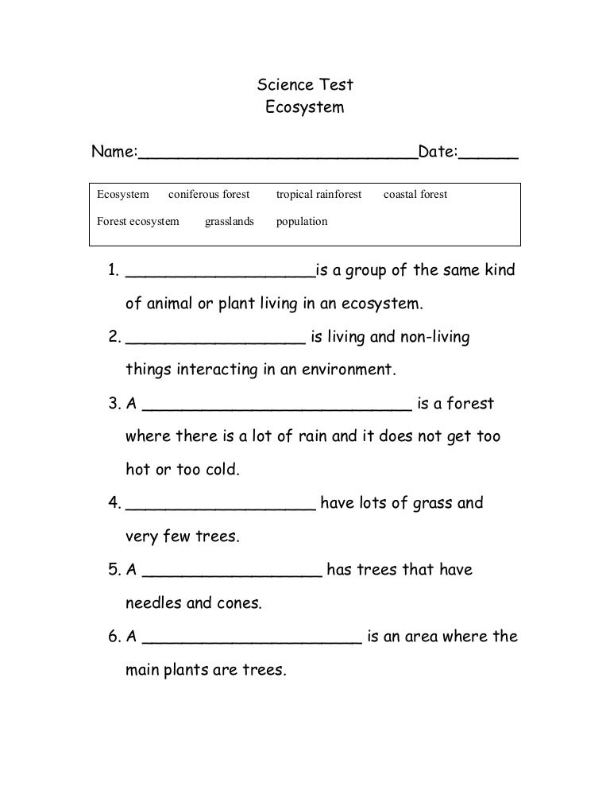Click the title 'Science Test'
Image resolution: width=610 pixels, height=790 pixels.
coord(304,84)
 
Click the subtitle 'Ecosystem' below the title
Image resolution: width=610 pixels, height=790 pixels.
coord(304,107)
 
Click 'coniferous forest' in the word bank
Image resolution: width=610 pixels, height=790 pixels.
coord(209,194)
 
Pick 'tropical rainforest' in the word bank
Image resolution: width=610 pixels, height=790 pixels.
coord(319,194)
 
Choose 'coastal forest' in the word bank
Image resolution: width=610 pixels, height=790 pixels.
coord(415,194)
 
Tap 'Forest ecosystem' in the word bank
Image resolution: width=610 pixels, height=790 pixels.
coord(138,221)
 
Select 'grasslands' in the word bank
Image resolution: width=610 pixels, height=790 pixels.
coord(230,221)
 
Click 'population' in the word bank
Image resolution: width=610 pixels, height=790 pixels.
coord(302,221)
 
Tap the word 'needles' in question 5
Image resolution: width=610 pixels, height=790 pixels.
coord(153,603)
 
